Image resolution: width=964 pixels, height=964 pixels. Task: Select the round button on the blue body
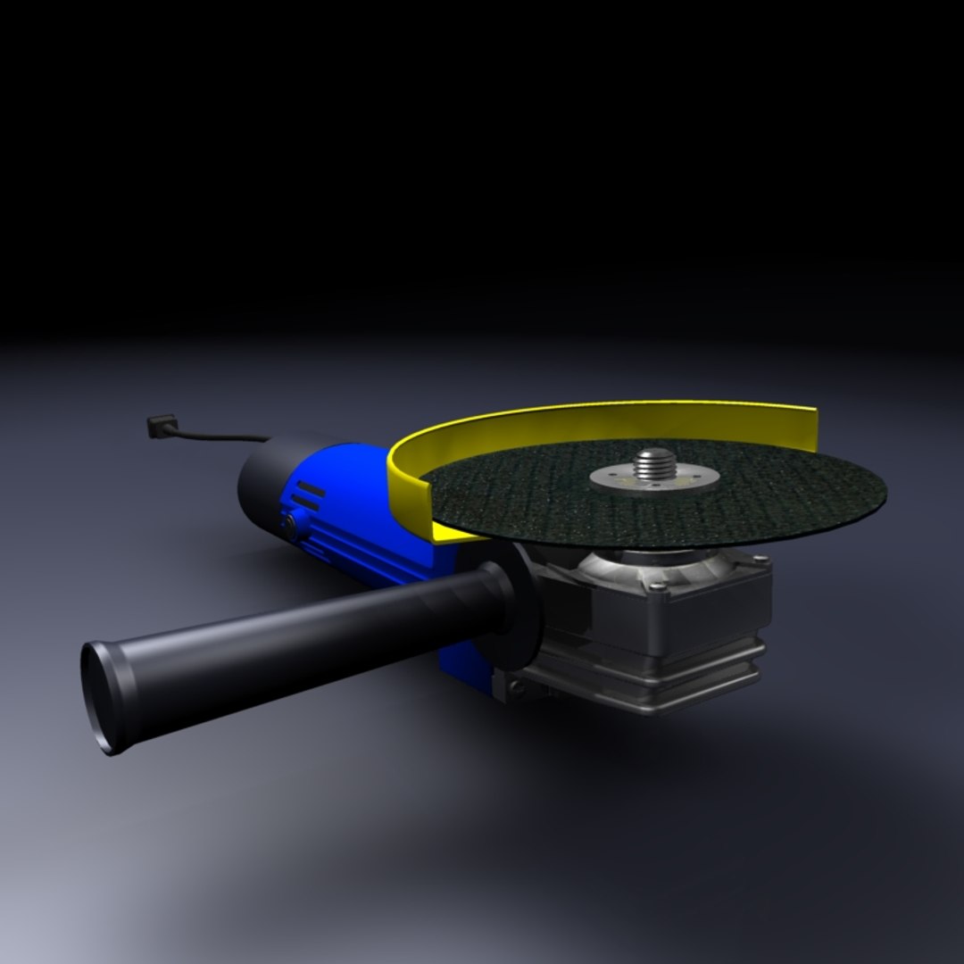point(290,526)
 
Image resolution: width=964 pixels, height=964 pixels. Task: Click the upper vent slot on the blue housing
point(308,489)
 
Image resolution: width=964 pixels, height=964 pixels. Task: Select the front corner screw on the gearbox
point(657,586)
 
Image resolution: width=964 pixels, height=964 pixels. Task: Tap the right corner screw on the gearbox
point(760,560)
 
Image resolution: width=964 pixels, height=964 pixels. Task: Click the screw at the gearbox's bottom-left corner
point(515,686)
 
